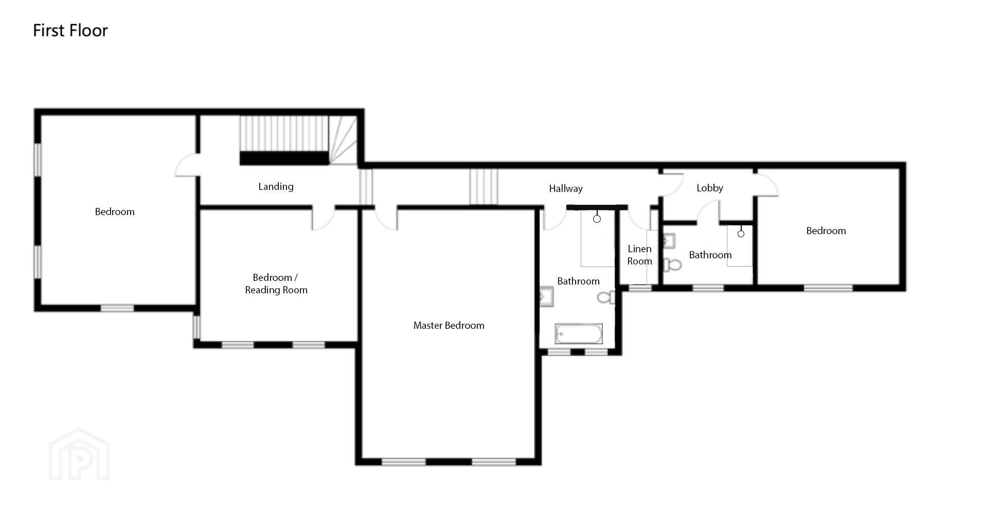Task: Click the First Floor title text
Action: [70, 30]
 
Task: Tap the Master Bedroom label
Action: [449, 325]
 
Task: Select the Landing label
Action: [276, 187]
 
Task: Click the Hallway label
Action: [566, 189]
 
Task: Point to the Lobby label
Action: [710, 188]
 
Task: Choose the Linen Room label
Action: [639, 255]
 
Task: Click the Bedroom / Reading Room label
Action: [276, 284]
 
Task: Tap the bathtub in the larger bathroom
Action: [579, 334]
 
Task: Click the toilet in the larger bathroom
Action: [606, 297]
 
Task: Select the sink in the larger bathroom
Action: [546, 297]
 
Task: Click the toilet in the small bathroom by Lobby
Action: [672, 265]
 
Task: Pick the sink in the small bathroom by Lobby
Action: [669, 241]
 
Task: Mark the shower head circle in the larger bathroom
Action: [597, 219]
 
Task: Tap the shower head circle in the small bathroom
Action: [741, 234]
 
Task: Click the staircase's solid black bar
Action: [284, 158]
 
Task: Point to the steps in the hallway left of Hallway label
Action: [484, 187]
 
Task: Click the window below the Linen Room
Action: [640, 288]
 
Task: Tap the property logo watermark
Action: [79, 454]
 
